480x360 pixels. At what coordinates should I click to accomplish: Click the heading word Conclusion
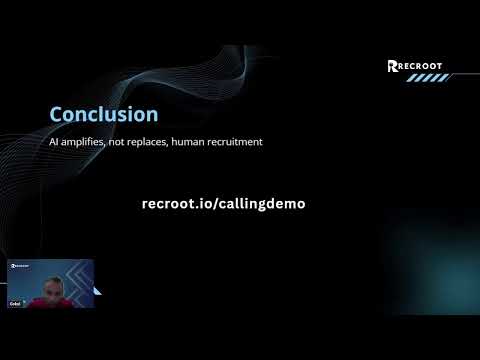(x=104, y=115)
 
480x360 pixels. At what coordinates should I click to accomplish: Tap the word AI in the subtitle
(x=54, y=143)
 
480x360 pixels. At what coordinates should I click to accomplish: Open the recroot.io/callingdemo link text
(x=224, y=203)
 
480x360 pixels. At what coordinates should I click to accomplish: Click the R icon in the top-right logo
(x=393, y=67)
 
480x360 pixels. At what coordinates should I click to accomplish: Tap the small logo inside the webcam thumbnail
(x=21, y=267)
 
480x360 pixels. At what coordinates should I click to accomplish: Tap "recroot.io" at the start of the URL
(x=176, y=203)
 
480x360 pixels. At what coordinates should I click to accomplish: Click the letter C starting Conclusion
(x=57, y=115)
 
